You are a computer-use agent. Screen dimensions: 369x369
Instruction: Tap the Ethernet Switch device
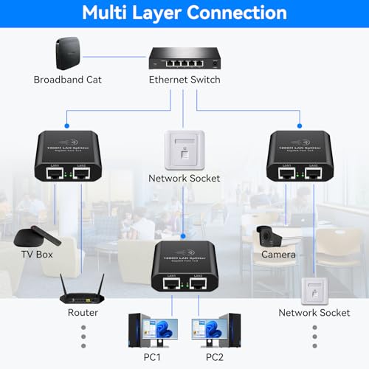184,55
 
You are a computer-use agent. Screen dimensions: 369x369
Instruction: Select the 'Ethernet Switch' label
184,80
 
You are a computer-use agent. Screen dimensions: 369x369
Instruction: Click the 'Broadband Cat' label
67,80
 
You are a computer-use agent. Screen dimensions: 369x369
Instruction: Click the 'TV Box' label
35,255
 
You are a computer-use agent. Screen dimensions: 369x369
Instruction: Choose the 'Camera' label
278,255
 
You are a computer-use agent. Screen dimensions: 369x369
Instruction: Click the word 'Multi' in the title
112,13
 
